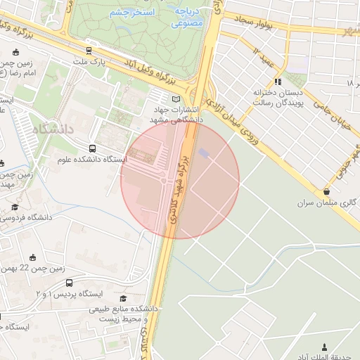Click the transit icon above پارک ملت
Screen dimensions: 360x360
point(89,51)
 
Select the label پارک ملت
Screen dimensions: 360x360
point(89,63)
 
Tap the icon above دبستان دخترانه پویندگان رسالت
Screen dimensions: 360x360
point(278,82)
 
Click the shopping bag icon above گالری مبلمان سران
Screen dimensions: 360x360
point(327,191)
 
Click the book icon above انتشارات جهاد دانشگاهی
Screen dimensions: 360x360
point(176,99)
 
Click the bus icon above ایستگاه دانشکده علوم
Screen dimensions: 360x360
point(93,148)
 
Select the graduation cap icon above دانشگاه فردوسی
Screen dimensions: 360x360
point(15,207)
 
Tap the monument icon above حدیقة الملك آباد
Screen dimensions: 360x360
point(324,346)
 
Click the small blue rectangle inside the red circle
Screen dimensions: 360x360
point(204,153)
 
